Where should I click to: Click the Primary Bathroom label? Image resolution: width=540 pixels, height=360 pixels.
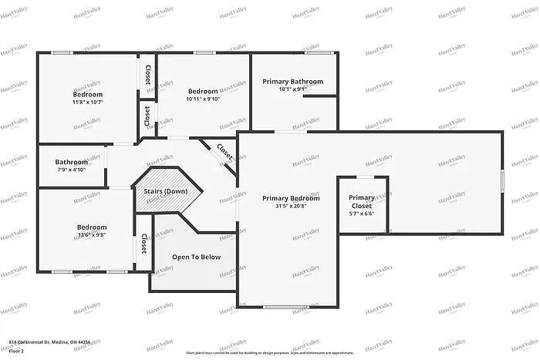click(292, 81)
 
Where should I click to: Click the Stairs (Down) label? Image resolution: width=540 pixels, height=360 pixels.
click(160, 190)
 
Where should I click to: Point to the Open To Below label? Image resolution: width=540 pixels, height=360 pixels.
click(196, 257)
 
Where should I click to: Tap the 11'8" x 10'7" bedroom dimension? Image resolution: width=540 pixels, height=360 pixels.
click(88, 102)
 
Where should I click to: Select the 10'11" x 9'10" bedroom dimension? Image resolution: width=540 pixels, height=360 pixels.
click(203, 99)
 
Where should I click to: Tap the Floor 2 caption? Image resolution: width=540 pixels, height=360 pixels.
click(17, 351)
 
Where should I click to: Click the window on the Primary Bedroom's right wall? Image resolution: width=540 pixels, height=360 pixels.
click(502, 180)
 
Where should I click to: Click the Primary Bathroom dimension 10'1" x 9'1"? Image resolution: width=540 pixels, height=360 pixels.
click(292, 89)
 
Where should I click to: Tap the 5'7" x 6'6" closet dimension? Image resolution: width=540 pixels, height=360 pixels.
click(361, 214)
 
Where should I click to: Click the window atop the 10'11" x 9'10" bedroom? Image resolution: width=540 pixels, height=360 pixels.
click(204, 52)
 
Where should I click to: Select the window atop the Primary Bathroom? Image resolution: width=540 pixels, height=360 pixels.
click(314, 52)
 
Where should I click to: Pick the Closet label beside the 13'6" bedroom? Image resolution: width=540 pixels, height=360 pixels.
click(144, 245)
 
